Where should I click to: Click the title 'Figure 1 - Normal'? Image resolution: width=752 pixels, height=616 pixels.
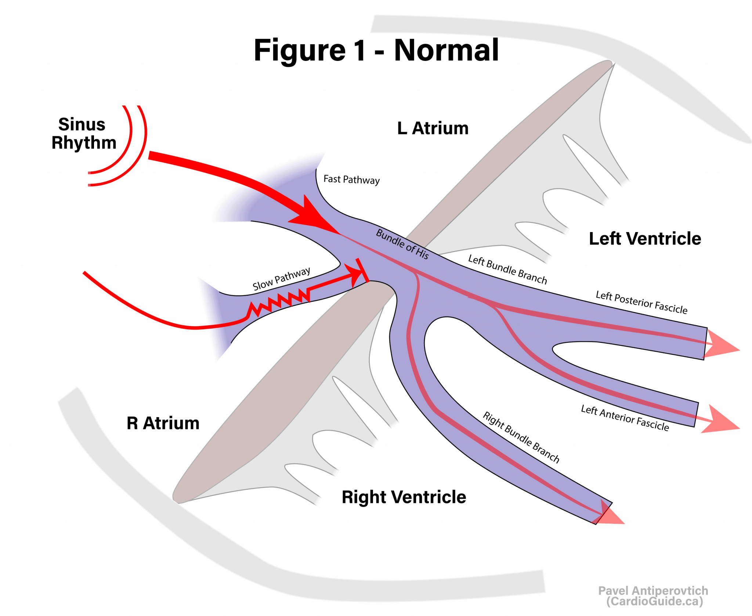coord(376,50)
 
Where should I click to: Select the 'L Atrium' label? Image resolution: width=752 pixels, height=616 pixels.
coord(433,128)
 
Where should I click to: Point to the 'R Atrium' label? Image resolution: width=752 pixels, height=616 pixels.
coord(163,423)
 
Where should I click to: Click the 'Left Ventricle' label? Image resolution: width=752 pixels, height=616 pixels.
coord(645,239)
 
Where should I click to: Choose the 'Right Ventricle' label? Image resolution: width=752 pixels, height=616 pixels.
coord(404,497)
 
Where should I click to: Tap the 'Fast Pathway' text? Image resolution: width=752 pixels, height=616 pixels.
coord(351,180)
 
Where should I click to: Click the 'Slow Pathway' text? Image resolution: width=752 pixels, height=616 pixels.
coord(281,279)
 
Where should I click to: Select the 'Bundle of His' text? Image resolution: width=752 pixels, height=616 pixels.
coord(402,244)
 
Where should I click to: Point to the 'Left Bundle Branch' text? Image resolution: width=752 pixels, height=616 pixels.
coord(507,269)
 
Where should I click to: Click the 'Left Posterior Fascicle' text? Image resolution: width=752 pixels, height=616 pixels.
coord(641,302)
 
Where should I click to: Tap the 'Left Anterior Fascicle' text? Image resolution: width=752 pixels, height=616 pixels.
coord(625,418)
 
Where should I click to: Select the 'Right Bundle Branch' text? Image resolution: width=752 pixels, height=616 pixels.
coord(521,437)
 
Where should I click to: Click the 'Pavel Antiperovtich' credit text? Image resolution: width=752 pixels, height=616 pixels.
coord(653,591)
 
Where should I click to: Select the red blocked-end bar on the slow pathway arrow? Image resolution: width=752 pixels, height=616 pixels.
coord(362,271)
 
